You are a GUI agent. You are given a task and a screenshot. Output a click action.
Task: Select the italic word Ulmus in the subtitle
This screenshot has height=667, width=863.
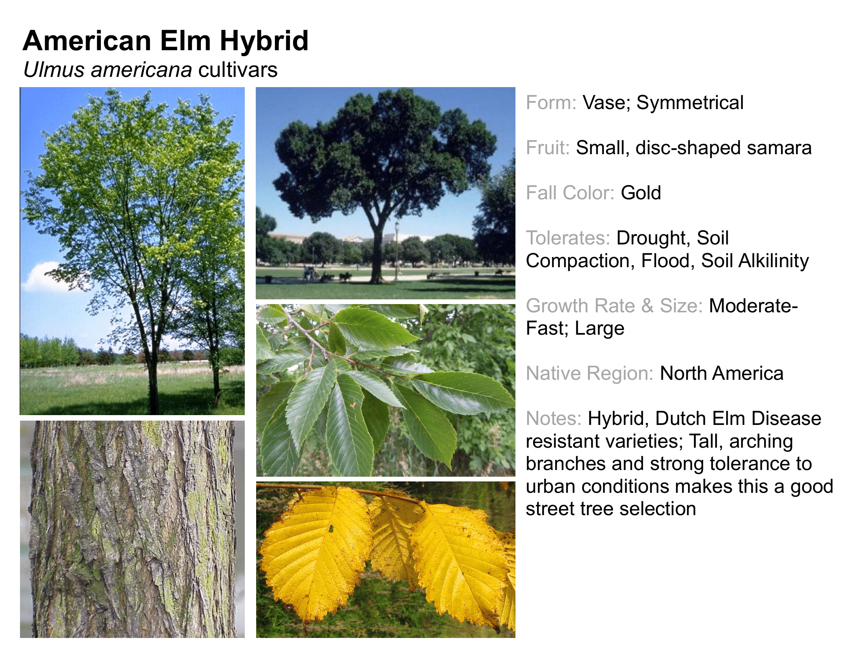(54, 69)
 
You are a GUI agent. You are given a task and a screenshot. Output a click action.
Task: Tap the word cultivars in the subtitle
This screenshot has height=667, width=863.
(238, 69)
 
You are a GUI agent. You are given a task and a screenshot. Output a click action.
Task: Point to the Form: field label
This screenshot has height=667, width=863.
(551, 103)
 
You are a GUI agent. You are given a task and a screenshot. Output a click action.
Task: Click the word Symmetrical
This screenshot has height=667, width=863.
(690, 103)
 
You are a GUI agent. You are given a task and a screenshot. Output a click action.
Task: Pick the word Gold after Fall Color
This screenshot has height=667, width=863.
(641, 193)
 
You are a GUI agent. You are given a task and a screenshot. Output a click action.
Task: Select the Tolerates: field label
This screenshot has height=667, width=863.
(568, 238)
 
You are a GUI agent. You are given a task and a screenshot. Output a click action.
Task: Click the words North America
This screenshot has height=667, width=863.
(721, 374)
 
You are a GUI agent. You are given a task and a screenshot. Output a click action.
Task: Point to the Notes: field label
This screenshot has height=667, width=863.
(553, 419)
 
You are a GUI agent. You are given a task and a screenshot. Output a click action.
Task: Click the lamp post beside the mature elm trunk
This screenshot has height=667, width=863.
(397, 251)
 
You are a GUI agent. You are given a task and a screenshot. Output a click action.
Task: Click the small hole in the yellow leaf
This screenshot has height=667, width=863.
(330, 528)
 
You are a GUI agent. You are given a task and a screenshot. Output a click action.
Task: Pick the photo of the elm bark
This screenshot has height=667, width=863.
(132, 529)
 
